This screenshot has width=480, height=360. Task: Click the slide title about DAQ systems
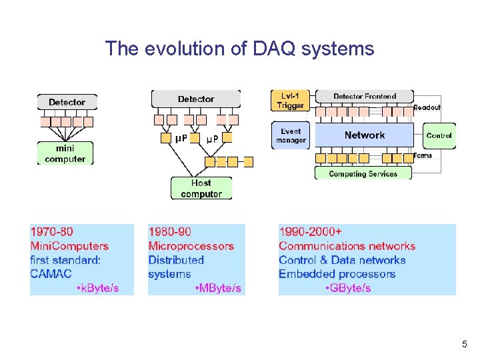point(239,49)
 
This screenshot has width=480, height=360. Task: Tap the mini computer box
point(65,153)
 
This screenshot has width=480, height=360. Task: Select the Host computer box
point(201,188)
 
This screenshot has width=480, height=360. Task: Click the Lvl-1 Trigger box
point(291,101)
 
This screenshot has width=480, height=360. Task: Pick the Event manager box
point(291,135)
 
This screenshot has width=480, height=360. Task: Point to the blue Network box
point(364,135)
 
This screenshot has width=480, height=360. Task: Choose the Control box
point(439,135)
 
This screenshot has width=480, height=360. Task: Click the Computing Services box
point(363,174)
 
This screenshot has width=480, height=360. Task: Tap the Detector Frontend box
point(364,97)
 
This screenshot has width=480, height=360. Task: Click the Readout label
point(427,107)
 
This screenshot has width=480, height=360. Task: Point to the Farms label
point(423,155)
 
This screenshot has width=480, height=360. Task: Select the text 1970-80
point(52,232)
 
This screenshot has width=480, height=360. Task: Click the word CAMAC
point(51,273)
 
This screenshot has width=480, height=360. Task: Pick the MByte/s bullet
point(219,288)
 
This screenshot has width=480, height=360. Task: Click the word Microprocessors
point(191,246)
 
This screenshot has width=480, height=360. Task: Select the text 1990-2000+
point(311,232)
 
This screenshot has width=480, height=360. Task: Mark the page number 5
point(464,345)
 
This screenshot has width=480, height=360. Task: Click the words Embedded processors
point(337,274)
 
